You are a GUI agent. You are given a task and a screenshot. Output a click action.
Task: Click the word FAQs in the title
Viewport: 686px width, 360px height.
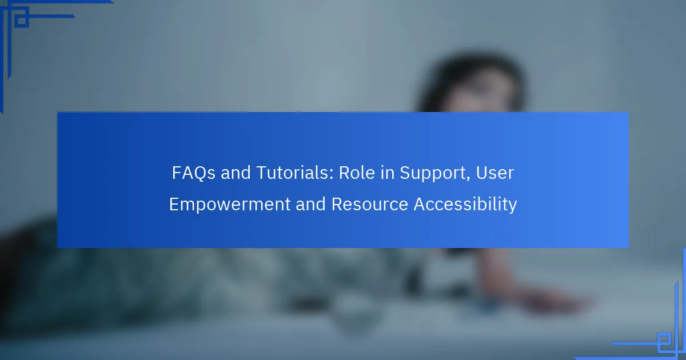coord(194,173)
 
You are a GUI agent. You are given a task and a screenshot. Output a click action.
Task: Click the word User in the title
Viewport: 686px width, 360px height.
coord(495,173)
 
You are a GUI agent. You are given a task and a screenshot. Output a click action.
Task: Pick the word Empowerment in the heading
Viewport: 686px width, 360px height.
coord(230,205)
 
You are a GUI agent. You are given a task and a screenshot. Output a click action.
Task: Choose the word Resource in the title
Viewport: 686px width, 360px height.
coord(370,204)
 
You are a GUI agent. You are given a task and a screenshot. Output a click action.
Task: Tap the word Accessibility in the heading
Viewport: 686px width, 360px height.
coord(465,205)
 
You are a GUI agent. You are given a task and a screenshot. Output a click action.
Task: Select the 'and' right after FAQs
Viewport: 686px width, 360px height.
coord(236,173)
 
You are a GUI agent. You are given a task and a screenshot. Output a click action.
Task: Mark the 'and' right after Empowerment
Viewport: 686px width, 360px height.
coord(310,204)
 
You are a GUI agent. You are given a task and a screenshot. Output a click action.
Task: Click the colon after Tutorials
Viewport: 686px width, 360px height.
coord(332,174)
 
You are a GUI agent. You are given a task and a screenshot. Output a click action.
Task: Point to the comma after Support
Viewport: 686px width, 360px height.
coord(468,179)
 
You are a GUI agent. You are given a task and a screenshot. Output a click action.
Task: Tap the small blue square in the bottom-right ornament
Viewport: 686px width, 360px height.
coord(664,339)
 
